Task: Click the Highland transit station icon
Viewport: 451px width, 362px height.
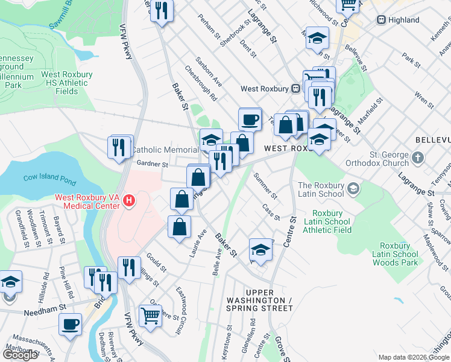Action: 381,20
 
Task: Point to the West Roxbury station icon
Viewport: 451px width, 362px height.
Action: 296,89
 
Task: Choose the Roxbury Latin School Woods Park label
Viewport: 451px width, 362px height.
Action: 395,258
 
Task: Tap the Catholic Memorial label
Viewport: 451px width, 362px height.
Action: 165,150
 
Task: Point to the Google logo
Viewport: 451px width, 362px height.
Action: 20,355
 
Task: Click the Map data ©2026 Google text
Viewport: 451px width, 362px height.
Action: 414,357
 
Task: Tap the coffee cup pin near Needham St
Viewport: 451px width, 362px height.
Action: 70,324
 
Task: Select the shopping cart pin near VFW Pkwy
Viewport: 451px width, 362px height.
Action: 150,314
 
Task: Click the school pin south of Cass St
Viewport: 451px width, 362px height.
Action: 260,249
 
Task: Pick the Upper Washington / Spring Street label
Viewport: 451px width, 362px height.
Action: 259,304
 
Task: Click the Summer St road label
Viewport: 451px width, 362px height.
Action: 265,186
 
